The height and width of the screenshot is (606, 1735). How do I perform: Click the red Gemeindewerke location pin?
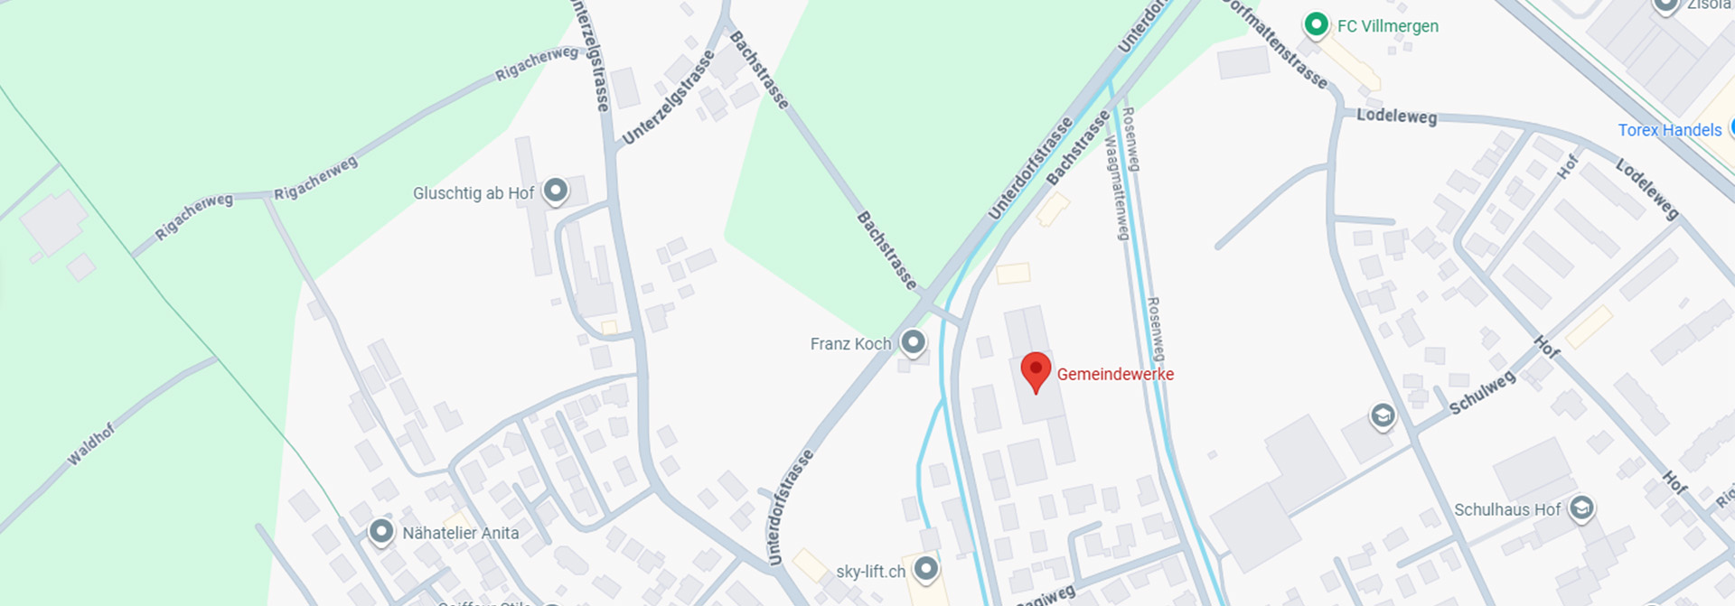point(1036,370)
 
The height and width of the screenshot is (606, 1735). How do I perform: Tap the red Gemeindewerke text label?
point(1115,374)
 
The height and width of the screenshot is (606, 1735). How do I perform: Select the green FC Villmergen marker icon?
point(1316,24)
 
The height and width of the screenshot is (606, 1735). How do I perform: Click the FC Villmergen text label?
point(1388,26)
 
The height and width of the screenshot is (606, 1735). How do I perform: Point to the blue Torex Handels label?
point(1670,130)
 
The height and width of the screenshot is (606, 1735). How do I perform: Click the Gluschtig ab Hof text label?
point(474,193)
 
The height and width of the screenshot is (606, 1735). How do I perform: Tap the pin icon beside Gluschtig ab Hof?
point(555,191)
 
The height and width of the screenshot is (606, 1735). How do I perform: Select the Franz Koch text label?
point(850,344)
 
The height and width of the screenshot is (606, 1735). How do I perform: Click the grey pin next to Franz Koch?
point(914,342)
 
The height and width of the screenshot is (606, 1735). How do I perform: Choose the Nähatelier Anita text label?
point(461,533)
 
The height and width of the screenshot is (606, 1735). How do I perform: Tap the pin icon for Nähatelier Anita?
point(381,531)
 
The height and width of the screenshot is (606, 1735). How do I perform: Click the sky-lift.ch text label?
point(870,572)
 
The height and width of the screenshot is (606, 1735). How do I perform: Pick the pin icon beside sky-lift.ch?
point(925,569)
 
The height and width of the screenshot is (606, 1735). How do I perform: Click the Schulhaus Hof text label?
point(1506,510)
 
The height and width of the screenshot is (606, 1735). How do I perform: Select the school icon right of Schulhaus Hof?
point(1580,508)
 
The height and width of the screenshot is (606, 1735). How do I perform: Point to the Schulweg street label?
point(1482,394)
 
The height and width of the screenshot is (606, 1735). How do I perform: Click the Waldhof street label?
point(91,444)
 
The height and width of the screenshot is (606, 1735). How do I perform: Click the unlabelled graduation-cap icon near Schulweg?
point(1382,415)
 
